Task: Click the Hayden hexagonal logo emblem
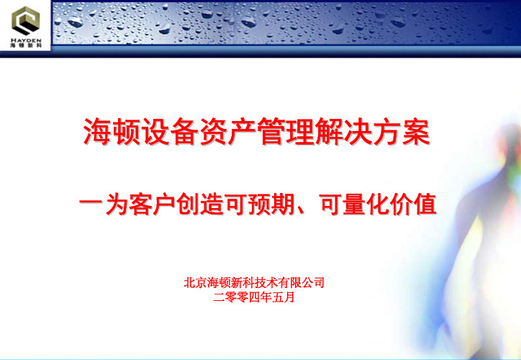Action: pos(26,21)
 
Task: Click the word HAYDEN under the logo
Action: pos(26,40)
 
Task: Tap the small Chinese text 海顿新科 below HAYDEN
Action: pos(26,45)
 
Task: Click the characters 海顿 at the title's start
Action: pos(112,132)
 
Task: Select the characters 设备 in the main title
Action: pos(169,132)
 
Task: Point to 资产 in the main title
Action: pos(227,132)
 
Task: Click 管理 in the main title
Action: pos(285,132)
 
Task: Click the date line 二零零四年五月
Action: pos(254,297)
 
